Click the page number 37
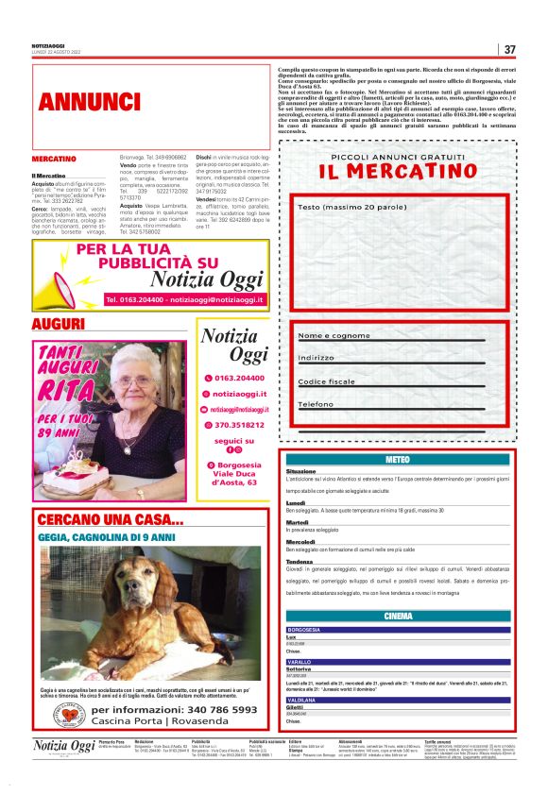pyautogui.click(x=509, y=49)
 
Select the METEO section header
pyautogui.click(x=398, y=459)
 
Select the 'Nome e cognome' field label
pyautogui.click(x=334, y=336)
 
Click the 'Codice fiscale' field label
pyautogui.click(x=327, y=381)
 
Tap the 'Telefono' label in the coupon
pyautogui.click(x=317, y=404)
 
